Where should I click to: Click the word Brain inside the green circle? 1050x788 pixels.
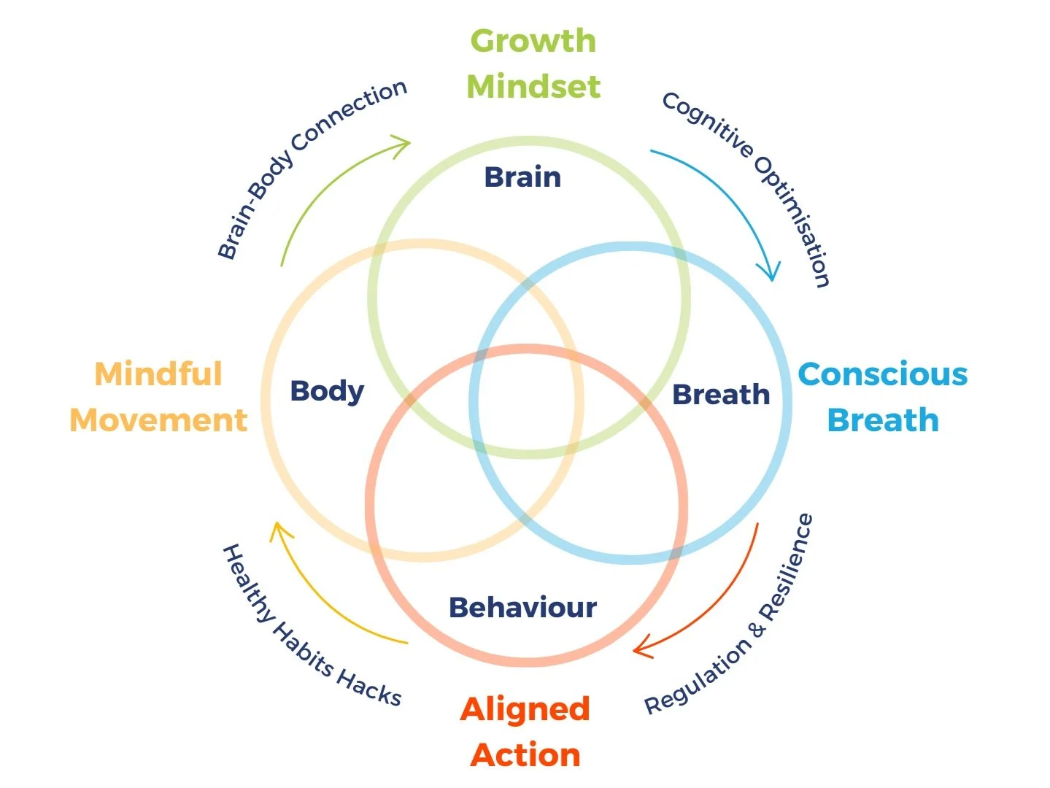click(x=522, y=177)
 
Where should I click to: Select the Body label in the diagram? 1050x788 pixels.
click(x=327, y=391)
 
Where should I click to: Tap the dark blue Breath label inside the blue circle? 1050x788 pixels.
click(x=720, y=395)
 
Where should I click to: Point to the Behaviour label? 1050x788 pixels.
click(x=522, y=607)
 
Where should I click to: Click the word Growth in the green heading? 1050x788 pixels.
click(x=533, y=41)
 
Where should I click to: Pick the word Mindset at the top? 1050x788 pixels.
click(x=533, y=87)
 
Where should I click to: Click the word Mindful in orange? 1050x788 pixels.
click(x=158, y=374)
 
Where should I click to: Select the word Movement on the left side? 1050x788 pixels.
click(x=158, y=420)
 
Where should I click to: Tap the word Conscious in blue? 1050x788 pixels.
click(x=882, y=374)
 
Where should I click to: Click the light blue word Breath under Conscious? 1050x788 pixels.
click(x=882, y=420)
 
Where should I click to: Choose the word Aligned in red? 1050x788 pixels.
click(x=525, y=709)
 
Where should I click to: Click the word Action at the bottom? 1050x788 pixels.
click(x=525, y=754)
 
